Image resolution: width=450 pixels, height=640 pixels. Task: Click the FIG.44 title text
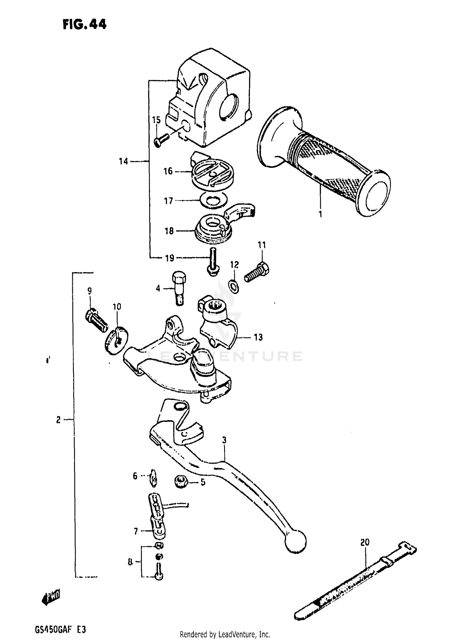click(84, 25)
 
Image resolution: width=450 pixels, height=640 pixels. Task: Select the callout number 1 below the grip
click(320, 214)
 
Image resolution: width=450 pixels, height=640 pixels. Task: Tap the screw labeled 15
click(161, 140)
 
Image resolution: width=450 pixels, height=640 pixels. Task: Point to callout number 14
click(123, 161)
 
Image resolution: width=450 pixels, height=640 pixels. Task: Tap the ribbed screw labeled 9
click(96, 320)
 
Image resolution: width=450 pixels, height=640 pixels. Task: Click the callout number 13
click(258, 337)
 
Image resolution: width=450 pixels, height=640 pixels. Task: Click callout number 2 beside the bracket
click(58, 420)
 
